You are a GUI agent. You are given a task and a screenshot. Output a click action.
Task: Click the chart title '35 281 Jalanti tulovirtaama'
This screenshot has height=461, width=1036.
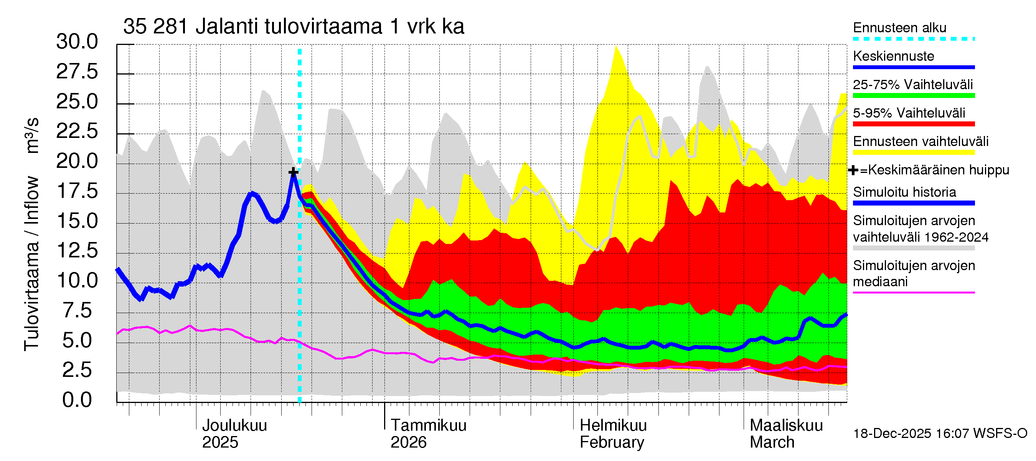pos(294,27)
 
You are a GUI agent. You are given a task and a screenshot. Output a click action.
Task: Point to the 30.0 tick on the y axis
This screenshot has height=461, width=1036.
pos(77,42)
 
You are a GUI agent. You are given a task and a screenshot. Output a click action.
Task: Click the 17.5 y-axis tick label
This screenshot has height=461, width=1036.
pos(77,191)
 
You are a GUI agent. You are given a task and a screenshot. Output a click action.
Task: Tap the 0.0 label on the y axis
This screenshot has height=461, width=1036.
pos(77,400)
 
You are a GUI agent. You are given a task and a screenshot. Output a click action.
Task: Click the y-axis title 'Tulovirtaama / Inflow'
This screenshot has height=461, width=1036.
pos(31,264)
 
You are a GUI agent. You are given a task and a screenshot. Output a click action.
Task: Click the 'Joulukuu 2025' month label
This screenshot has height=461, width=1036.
pos(234,434)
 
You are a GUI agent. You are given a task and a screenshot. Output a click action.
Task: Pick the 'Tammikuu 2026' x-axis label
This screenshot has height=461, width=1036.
pos(428,434)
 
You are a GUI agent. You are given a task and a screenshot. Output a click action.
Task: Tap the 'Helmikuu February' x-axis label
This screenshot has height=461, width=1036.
pos(613,434)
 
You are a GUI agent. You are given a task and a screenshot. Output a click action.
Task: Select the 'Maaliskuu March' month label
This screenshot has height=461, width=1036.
pos(786,434)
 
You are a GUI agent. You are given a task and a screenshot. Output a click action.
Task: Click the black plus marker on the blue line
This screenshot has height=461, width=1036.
pos(294,172)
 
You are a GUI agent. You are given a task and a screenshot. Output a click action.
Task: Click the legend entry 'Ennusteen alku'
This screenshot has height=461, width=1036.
pos(900,28)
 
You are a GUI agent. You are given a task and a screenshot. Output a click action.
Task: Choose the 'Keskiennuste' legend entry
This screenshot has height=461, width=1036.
pos(893,56)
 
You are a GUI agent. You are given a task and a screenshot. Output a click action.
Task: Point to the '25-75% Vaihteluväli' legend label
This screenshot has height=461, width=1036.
pos(912,85)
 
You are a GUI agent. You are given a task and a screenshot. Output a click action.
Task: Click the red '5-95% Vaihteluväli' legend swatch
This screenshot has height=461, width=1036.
pos(913,124)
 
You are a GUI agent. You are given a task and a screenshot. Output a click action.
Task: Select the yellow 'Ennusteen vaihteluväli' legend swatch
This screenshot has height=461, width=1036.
pos(913,153)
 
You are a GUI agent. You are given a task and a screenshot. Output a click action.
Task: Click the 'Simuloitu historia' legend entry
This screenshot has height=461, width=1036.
pos(904,192)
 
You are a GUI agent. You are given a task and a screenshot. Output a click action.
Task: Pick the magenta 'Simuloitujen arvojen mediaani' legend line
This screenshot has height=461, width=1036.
pos(913,293)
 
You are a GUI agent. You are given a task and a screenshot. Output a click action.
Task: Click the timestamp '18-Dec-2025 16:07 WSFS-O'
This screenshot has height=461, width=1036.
pos(940,434)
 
